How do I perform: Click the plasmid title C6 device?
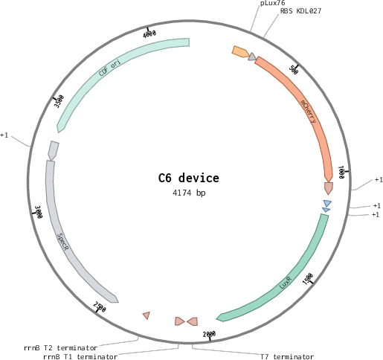point(189,178)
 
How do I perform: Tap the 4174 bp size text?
point(189,193)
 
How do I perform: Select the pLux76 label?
point(273,3)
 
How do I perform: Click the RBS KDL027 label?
point(300,11)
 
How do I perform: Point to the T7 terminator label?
point(287,357)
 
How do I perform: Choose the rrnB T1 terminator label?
point(80,357)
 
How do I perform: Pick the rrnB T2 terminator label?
point(61,348)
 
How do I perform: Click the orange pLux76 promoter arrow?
point(240,52)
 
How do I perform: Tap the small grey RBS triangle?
point(252,57)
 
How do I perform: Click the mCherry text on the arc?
point(309,112)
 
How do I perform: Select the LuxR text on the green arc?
point(286,283)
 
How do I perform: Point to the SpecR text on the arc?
point(62,242)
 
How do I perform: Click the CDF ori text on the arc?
point(110,67)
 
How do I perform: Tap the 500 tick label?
point(294,70)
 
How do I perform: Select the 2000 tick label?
point(209,334)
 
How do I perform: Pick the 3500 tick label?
point(59,101)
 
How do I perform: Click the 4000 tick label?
point(149,34)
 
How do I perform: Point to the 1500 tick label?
point(308,279)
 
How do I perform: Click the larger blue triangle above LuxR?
point(327,203)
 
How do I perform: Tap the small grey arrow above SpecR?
point(54,150)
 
